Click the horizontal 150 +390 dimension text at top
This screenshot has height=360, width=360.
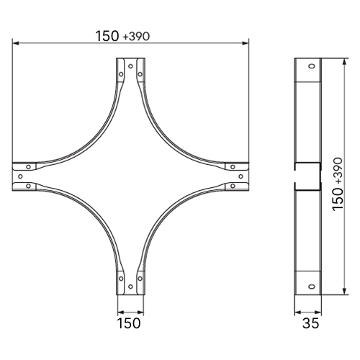point(122,36)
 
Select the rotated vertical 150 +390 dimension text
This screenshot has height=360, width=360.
point(338,184)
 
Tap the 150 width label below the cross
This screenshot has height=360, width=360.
point(129,323)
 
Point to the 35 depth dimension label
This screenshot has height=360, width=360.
point(310,323)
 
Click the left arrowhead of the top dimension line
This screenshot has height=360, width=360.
point(16,43)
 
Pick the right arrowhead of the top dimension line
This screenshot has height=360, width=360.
point(246,43)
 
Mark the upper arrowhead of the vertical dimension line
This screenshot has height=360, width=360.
point(344,62)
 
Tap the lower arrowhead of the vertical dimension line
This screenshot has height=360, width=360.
point(344,292)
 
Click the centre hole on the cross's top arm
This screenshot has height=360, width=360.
point(130,66)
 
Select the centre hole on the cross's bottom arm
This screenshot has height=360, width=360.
point(130,287)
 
